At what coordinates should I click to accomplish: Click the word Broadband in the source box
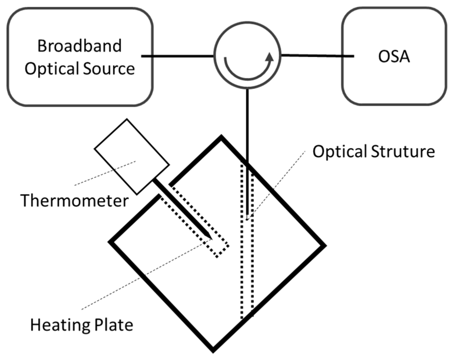tap(79, 46)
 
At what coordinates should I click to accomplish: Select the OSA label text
tap(394, 56)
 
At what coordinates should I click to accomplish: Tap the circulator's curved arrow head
tap(269, 57)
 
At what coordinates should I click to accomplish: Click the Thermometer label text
tap(74, 201)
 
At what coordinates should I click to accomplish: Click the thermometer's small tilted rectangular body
tap(132, 156)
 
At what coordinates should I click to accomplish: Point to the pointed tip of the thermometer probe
tap(211, 238)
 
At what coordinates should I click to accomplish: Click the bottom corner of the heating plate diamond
tap(213, 350)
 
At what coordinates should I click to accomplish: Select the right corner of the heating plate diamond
tap(324, 245)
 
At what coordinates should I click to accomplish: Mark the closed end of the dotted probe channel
tap(223, 251)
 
